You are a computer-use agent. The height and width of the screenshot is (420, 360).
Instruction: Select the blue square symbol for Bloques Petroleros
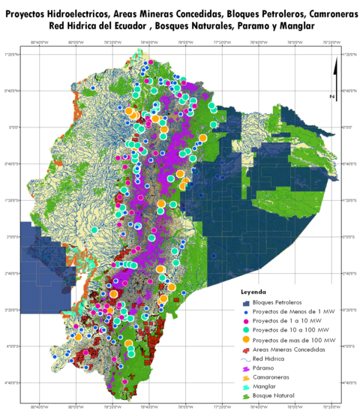coord(245,301)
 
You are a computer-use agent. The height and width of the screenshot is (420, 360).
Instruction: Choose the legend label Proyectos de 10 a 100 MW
coord(286,329)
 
